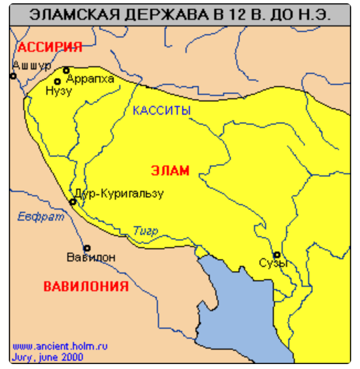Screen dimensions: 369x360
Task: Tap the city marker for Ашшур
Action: pyautogui.click(x=13, y=76)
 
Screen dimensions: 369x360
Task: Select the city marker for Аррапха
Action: pyautogui.click(x=66, y=70)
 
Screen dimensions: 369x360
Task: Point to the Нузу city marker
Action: pyautogui.click(x=57, y=82)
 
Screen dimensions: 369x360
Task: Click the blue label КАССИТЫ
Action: pyautogui.click(x=162, y=110)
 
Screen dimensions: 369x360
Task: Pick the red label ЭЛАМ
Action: pyautogui.click(x=170, y=170)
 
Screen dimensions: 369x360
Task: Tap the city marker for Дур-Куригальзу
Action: pyautogui.click(x=73, y=202)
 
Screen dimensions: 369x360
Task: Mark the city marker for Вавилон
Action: pyautogui.click(x=87, y=248)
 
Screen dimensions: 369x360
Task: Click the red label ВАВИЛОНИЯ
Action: pyautogui.click(x=86, y=287)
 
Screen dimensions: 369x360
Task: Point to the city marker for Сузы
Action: pyautogui.click(x=277, y=255)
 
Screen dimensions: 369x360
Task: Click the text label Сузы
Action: pyautogui.click(x=273, y=264)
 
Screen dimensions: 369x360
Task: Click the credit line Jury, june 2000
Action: pyautogui.click(x=47, y=357)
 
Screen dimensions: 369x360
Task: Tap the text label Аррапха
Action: pyautogui.click(x=90, y=79)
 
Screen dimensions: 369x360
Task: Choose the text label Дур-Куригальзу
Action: pyautogui.click(x=119, y=194)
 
